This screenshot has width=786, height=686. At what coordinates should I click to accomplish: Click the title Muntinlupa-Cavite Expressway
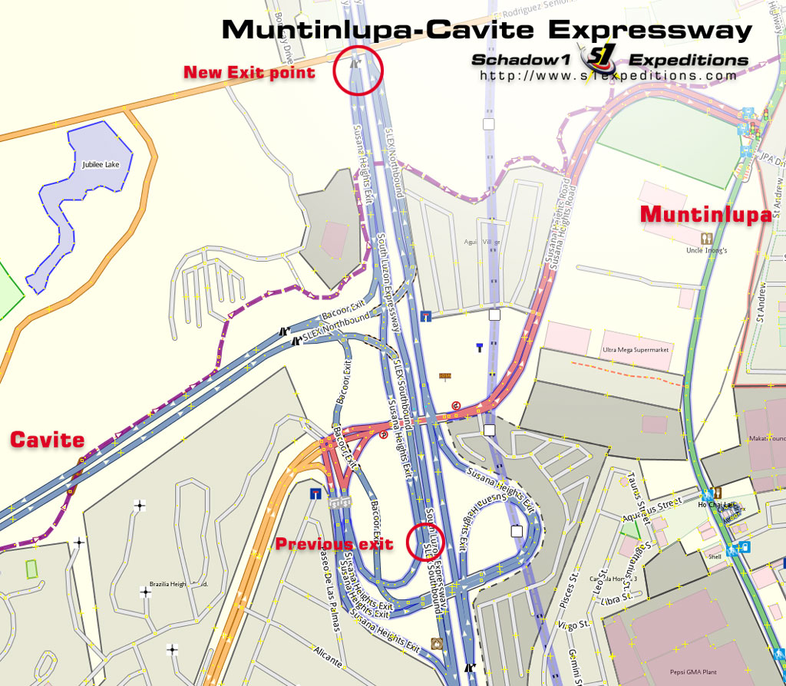pyautogui.click(x=487, y=30)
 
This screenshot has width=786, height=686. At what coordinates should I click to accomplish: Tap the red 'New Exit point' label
pyautogui.click(x=249, y=73)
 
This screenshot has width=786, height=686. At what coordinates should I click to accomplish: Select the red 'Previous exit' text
pyautogui.click(x=334, y=544)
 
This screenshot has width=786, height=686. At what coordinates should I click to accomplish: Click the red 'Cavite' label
pyautogui.click(x=47, y=440)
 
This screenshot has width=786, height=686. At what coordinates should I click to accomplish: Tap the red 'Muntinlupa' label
pyautogui.click(x=706, y=215)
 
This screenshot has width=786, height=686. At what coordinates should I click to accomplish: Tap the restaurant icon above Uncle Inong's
pyautogui.click(x=706, y=239)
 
